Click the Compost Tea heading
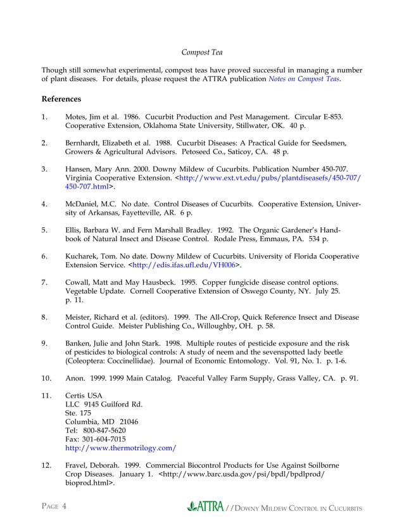tap(202, 51)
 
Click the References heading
tap(61, 99)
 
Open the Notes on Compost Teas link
tap(305, 79)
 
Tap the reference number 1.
tap(44, 117)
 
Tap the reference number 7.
tap(44, 282)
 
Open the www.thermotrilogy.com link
tap(120, 448)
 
